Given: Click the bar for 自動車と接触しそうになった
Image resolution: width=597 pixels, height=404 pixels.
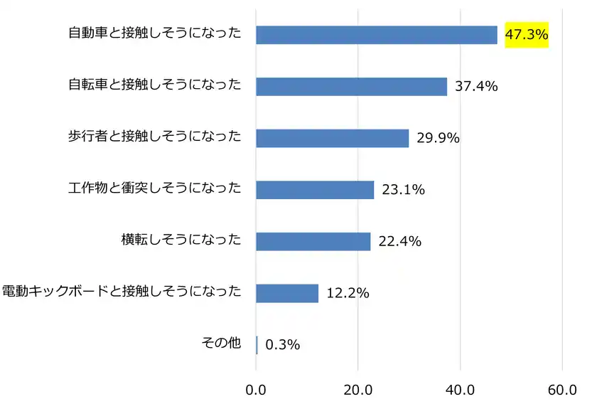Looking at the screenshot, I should pos(377,34).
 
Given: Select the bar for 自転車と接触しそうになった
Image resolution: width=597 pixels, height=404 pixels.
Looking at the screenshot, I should pos(351,86).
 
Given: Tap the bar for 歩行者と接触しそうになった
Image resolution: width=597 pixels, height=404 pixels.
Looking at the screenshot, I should pos(332,138).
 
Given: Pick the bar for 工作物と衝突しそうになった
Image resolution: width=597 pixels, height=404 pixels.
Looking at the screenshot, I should pos(315,189).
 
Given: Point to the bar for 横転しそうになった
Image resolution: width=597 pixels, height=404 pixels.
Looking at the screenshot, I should pos(313,241).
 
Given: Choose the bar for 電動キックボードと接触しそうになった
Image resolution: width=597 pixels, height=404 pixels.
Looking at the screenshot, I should pos(287,292).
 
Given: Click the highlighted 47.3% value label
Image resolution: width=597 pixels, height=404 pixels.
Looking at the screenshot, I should pos(527,33).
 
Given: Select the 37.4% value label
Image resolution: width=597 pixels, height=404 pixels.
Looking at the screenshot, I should pos(476,87).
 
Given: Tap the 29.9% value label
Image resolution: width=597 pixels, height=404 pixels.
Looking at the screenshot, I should pos(438,138).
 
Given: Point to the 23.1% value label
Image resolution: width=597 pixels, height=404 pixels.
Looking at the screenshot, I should pos(403,189).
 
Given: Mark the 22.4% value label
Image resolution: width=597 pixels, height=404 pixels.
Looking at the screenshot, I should pos(400,241).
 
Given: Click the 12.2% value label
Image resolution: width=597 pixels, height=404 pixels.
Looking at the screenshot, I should pos(348,292).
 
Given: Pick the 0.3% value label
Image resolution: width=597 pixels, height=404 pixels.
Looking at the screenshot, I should pos(282,344).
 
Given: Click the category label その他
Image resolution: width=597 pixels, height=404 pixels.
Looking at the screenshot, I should pos(222,344).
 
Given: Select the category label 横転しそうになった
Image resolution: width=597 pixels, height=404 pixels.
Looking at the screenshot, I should pos(181,240).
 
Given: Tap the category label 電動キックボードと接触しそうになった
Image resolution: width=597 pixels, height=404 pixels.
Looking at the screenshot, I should pos(122,292).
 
